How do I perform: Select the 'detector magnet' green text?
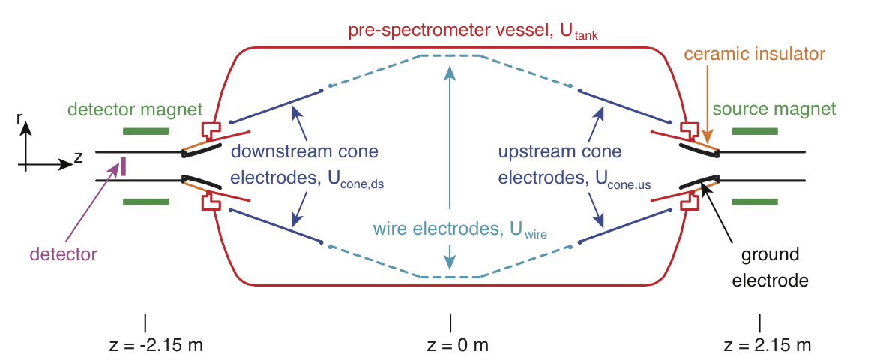pos(135,109)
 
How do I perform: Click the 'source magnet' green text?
pos(774,109)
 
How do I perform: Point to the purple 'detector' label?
pos(64,254)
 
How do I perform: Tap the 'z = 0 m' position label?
pos(450,346)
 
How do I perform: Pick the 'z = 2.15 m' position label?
pos(766,346)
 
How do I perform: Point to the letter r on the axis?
pos(19,118)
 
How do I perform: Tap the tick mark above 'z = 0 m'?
pos(450,322)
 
